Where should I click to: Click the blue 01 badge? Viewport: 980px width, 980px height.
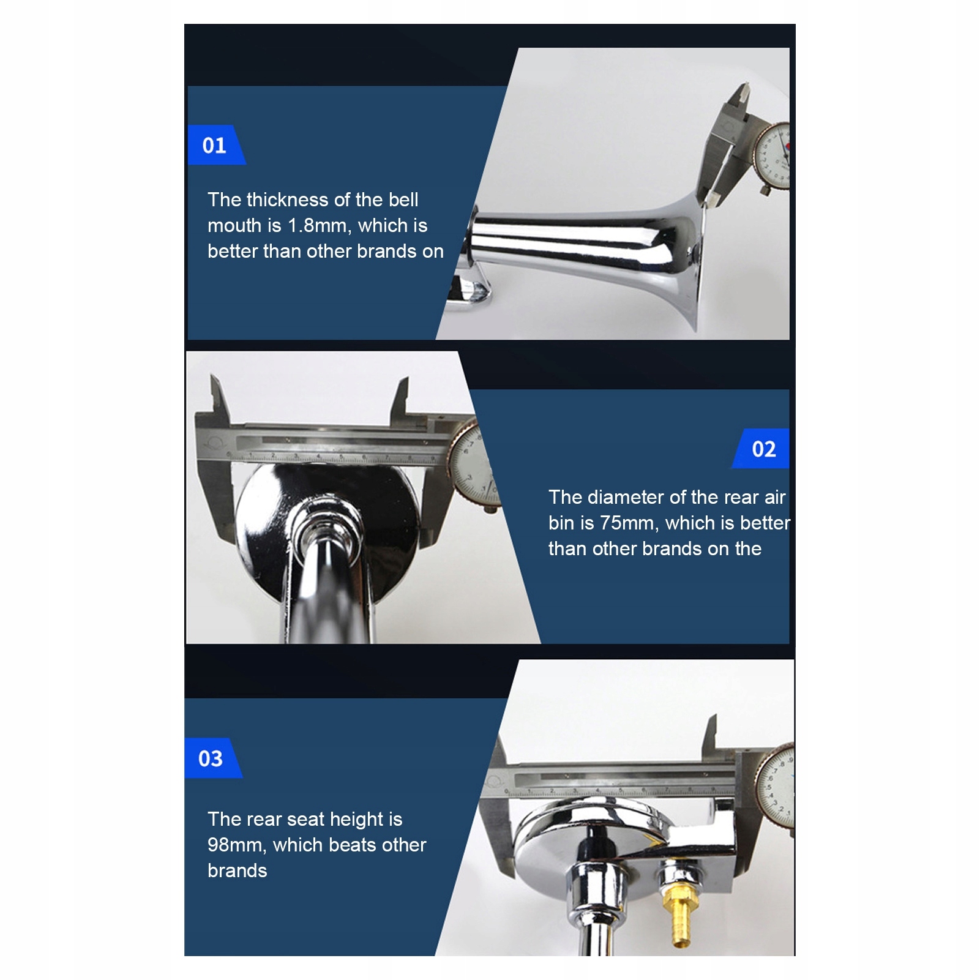pos(215,145)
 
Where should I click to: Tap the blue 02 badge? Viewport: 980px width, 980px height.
pos(761,449)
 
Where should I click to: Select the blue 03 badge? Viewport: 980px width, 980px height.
pos(212,758)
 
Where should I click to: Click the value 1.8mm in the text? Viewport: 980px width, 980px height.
pos(320,226)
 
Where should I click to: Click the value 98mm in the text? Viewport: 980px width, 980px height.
pos(237,845)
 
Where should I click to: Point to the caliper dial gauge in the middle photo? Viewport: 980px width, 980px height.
pos(474,465)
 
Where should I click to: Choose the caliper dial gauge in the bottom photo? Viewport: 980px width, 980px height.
pos(776,785)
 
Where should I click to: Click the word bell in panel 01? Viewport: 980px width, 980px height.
pos(403,200)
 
